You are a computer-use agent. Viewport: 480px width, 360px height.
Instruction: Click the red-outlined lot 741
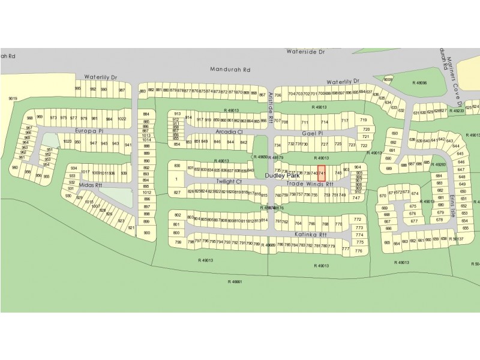click(x=321, y=173)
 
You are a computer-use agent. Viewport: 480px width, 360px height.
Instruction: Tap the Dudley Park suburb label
click(x=282, y=176)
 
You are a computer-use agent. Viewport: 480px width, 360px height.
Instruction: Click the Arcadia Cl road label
click(x=227, y=131)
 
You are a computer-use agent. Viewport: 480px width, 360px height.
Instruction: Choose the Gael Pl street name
click(x=313, y=133)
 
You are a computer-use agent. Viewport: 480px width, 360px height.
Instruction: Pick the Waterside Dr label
click(x=305, y=53)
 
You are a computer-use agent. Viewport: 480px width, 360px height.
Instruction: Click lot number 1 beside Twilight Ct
click(x=177, y=179)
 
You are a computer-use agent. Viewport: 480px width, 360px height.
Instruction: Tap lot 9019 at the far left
click(x=13, y=98)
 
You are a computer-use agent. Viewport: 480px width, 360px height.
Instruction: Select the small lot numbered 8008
click(x=388, y=79)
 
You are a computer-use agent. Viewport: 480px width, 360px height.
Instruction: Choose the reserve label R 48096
click(x=419, y=83)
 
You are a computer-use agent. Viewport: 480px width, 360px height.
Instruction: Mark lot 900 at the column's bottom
click(x=146, y=233)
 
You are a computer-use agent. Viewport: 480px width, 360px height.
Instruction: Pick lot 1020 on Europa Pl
click(x=67, y=142)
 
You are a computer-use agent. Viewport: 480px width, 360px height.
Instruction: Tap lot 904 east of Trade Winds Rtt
click(x=358, y=167)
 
